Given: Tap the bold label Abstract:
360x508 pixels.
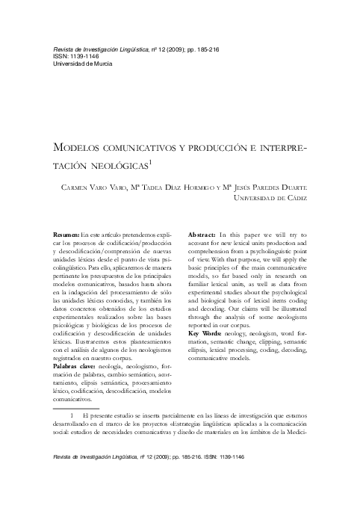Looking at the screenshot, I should point(202,235).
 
